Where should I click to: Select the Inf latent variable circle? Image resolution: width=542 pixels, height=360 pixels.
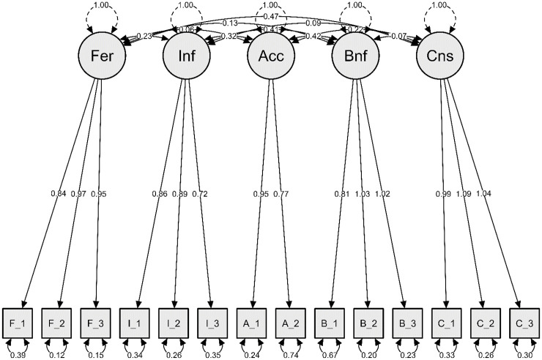click(x=186, y=57)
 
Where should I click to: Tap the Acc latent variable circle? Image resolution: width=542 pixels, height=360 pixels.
click(x=270, y=57)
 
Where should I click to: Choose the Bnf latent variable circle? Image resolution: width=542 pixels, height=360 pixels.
click(x=355, y=57)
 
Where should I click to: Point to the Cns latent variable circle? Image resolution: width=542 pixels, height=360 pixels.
click(x=439, y=57)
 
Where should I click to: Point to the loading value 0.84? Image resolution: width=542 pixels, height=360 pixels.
click(x=59, y=193)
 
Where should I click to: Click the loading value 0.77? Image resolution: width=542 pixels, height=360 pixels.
click(x=282, y=193)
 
